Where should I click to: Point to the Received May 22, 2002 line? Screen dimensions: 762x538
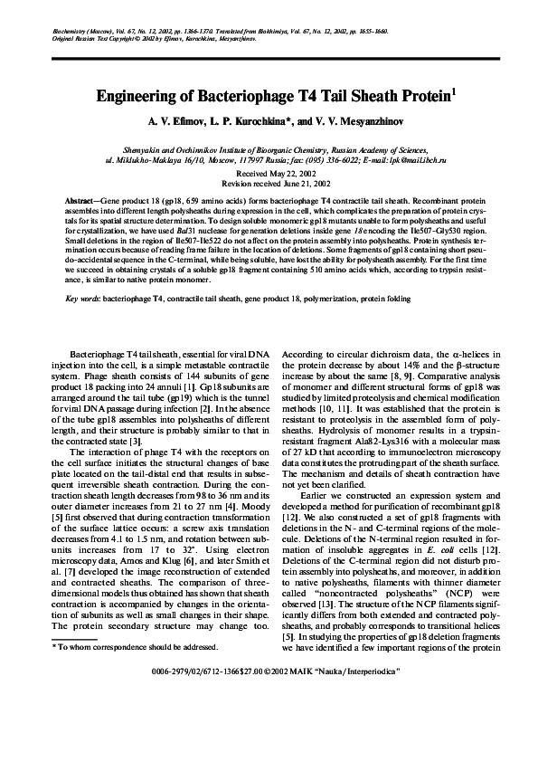pyautogui.click(x=269, y=171)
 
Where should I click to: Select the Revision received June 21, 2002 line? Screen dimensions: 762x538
pyautogui.click(x=269, y=181)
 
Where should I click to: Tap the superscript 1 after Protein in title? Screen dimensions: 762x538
pyautogui.click(x=453, y=90)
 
